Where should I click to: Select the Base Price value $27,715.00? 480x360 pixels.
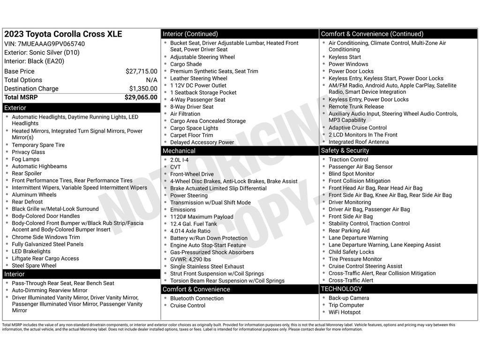141,71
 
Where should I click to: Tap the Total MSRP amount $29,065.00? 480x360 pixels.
141,97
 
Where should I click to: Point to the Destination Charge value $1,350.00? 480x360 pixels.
143,89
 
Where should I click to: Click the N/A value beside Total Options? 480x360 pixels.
151,80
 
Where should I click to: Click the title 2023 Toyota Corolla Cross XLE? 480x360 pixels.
63,34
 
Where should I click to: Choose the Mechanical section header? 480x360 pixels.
179,151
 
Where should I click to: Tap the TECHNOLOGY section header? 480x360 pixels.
341,289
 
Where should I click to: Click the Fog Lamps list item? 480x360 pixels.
26,159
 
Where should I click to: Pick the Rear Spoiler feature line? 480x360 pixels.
27,173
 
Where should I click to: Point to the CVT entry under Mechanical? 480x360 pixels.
175,167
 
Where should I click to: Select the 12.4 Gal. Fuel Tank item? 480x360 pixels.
194,224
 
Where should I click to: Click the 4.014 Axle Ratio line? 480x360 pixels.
190,231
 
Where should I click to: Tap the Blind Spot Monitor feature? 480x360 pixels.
352,174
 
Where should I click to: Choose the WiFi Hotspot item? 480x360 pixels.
345,312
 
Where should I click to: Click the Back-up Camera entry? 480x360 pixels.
349,298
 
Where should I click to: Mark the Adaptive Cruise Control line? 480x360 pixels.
358,127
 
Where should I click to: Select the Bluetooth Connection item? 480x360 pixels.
197,299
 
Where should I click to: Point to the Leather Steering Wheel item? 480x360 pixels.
199,78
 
